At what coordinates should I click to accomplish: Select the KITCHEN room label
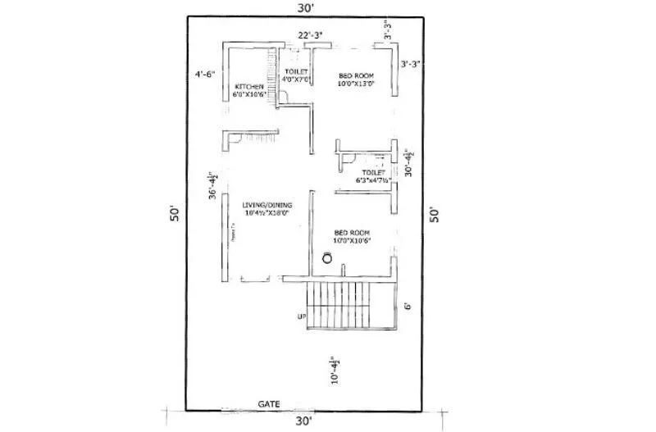(248, 87)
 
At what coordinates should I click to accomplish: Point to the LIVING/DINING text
(265, 206)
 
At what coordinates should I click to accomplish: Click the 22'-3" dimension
(309, 35)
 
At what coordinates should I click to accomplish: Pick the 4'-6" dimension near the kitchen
(205, 74)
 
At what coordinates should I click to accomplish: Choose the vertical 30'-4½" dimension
(408, 162)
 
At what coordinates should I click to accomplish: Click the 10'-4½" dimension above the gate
(334, 370)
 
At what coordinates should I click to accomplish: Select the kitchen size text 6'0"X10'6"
(248, 96)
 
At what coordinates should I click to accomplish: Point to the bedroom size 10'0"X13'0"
(357, 83)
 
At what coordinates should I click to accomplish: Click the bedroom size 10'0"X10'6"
(353, 241)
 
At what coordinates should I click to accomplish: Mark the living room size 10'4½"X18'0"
(265, 214)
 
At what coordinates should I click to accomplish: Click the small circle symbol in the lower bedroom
(327, 258)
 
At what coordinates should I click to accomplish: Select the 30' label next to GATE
(304, 421)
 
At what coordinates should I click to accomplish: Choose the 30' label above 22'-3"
(304, 7)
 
